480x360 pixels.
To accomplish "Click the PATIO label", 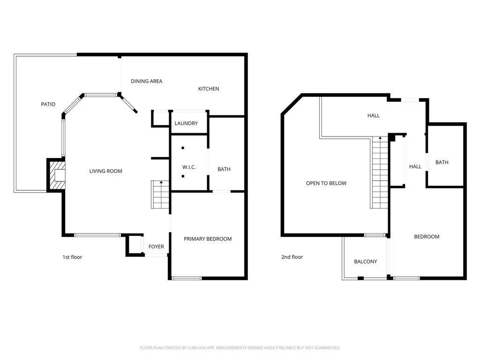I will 48,104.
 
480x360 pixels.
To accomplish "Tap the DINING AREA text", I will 146,81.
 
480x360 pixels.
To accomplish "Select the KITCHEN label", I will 209,89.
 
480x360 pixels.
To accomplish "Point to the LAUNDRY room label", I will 186,123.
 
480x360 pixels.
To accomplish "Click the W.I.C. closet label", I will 189,167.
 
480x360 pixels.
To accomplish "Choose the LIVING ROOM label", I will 105,171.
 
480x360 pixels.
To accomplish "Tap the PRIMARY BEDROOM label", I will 208,239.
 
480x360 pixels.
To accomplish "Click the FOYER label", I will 156,247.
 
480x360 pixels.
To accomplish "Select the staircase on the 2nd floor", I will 380,172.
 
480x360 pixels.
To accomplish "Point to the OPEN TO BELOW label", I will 326,183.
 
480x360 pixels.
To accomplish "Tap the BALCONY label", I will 365,262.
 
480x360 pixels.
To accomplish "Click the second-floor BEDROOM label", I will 427,236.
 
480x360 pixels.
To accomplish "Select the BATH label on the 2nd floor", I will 442,162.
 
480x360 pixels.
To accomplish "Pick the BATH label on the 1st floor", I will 224,169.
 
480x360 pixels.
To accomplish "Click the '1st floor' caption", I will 72,257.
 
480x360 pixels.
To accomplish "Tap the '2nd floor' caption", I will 292,257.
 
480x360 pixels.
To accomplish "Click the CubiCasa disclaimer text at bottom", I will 240,348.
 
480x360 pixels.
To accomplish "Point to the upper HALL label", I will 374,115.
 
